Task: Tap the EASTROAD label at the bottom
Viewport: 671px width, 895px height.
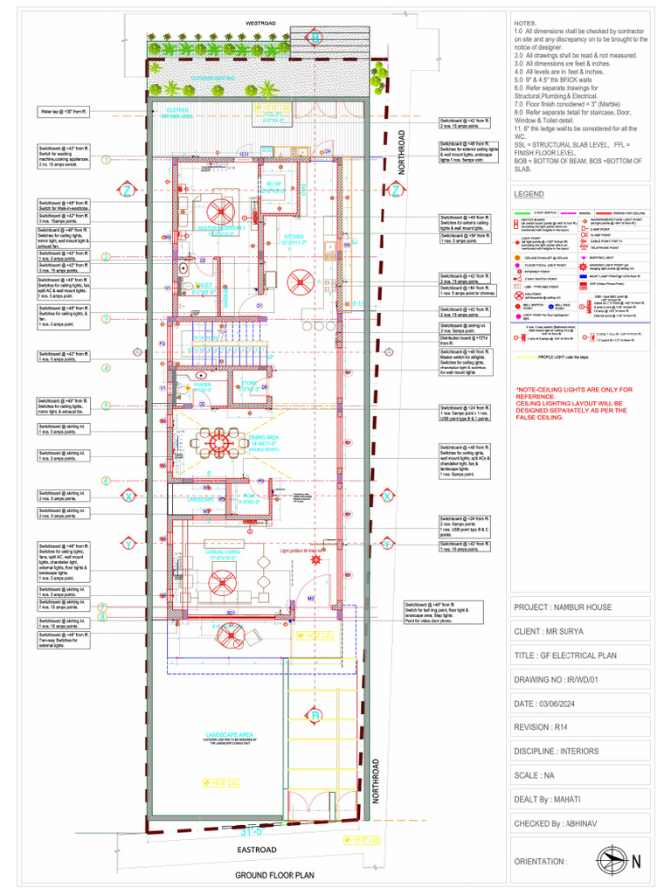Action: pos(255,850)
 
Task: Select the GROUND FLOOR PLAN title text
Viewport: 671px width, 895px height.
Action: pos(273,875)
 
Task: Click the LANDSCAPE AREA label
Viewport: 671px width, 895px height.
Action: pos(229,734)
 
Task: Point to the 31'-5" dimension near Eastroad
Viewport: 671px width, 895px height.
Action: pos(252,829)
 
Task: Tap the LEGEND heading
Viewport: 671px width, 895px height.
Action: pos(529,193)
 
